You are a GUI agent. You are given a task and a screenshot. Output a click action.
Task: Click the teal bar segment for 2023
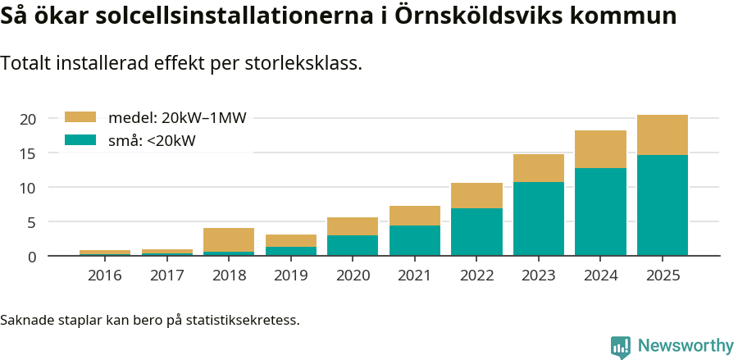coord(539,218)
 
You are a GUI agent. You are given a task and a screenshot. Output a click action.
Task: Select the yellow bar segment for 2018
coord(229,239)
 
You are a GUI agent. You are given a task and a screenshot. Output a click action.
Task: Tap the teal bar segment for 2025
coord(663,205)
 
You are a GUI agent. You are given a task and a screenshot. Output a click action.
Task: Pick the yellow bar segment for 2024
coord(600,149)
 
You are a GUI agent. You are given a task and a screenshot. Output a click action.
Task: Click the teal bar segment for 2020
coord(353,245)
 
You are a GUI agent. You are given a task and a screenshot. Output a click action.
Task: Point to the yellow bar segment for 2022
coord(476,195)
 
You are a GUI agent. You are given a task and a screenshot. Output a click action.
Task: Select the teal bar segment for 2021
coord(415,240)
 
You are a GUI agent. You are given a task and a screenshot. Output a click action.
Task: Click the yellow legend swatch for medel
coord(80,117)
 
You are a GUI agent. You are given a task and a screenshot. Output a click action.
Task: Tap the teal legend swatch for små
coord(80,140)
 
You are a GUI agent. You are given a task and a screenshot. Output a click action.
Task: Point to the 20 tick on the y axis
coord(28,119)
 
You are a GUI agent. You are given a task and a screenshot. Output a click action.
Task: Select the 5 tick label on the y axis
coord(31,222)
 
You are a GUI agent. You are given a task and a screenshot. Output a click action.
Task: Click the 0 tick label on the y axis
coord(31,257)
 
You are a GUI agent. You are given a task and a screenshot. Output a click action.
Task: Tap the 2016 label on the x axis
coord(104,276)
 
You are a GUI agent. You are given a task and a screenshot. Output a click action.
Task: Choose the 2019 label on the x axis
coord(290,276)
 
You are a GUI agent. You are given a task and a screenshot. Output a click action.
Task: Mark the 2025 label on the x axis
coord(663,276)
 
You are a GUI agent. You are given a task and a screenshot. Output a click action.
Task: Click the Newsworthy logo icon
coord(621,346)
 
